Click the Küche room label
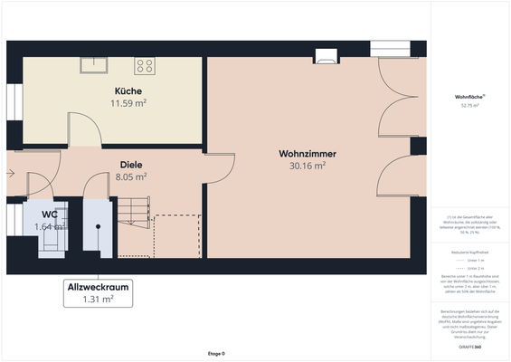[128, 91]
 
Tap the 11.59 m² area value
[128, 104]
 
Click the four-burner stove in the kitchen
[145, 65]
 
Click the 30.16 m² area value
[307, 167]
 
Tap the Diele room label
[131, 165]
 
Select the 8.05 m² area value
[131, 177]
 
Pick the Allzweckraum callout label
[98, 287]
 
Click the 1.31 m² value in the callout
[98, 300]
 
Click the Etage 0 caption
[215, 353]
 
